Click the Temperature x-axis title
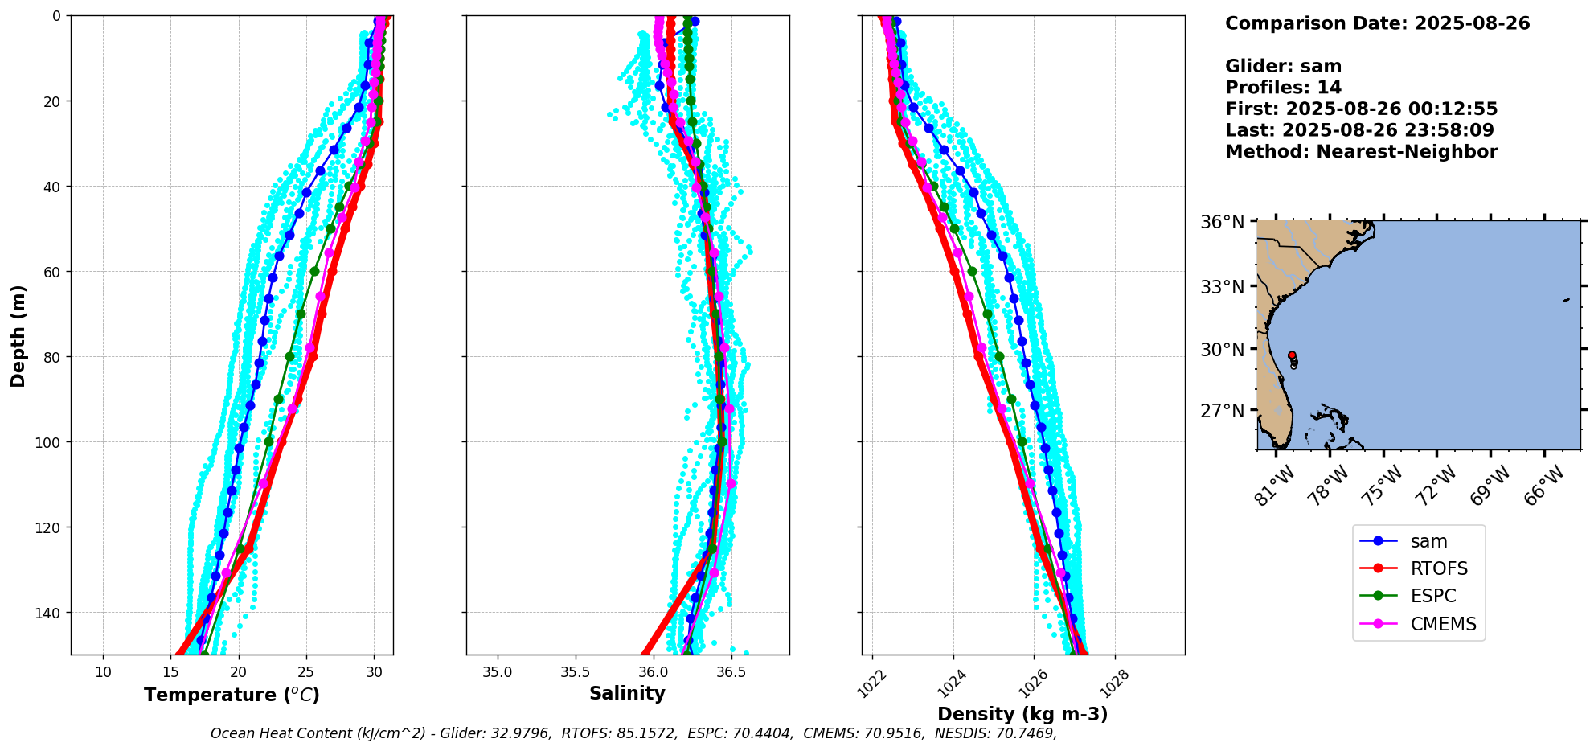tap(232, 695)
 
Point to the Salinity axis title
tap(627, 694)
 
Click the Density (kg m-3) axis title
tap(1022, 714)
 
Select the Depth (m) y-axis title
tap(18, 335)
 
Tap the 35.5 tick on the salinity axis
tap(575, 671)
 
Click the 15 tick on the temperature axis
tap(170, 671)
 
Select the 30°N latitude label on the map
tap(1222, 350)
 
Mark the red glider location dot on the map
tap(1292, 355)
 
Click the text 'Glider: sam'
tap(1283, 67)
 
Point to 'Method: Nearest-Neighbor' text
tap(1361, 152)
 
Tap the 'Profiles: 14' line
tap(1283, 88)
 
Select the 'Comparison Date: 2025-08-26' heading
tap(1377, 23)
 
